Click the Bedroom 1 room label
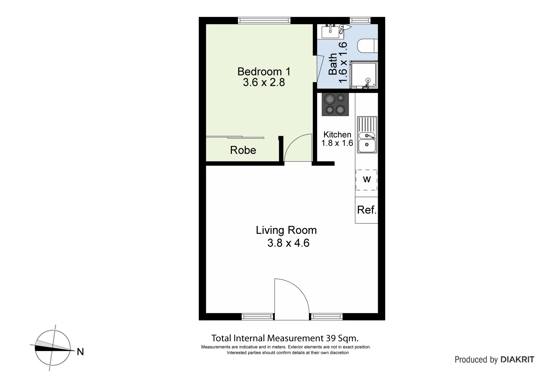[264, 72]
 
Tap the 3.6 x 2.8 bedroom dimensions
[264, 83]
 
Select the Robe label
[243, 150]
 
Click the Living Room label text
[286, 230]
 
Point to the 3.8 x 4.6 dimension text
[288, 243]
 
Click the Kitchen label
[337, 135]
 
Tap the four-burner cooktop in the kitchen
[335, 104]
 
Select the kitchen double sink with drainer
[367, 135]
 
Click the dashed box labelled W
[366, 180]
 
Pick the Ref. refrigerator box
[366, 210]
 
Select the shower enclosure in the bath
[364, 74]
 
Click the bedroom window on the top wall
[264, 21]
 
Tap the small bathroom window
[360, 21]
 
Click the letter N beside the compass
[81, 352]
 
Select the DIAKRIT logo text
[517, 360]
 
